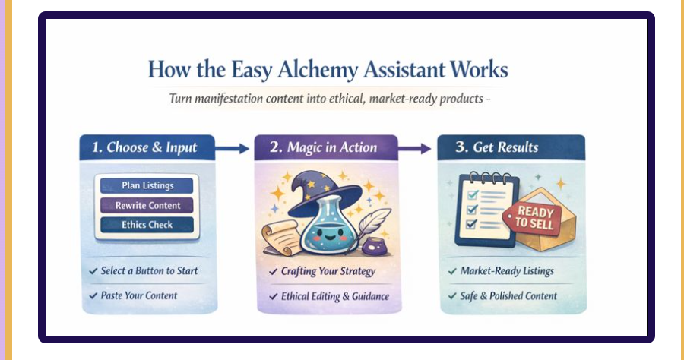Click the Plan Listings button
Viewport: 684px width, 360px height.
point(147,185)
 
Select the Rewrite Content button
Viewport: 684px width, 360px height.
point(147,205)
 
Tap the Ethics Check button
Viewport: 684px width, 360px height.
point(147,225)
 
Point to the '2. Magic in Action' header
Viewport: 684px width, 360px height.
point(326,147)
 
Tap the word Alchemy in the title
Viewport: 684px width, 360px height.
point(309,71)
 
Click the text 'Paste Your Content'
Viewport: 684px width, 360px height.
point(138,295)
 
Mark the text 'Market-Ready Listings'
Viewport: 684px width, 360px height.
point(507,271)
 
